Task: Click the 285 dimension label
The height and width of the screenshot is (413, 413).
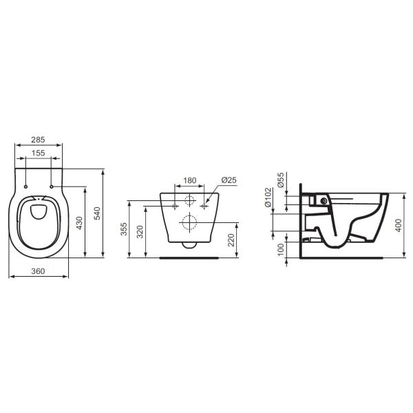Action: tap(38, 140)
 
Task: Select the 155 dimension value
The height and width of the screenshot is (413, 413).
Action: tap(38, 153)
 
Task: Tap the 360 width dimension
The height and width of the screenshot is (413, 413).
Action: tap(38, 271)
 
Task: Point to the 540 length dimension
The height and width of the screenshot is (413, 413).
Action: tap(97, 213)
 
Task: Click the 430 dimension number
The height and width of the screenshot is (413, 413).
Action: tap(79, 223)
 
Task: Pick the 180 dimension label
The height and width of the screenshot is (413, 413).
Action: tap(190, 180)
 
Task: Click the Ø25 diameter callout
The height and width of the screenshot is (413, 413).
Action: tap(229, 180)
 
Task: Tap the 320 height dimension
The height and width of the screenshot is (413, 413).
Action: tap(140, 232)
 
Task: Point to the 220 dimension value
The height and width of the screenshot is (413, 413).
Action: tap(231, 240)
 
